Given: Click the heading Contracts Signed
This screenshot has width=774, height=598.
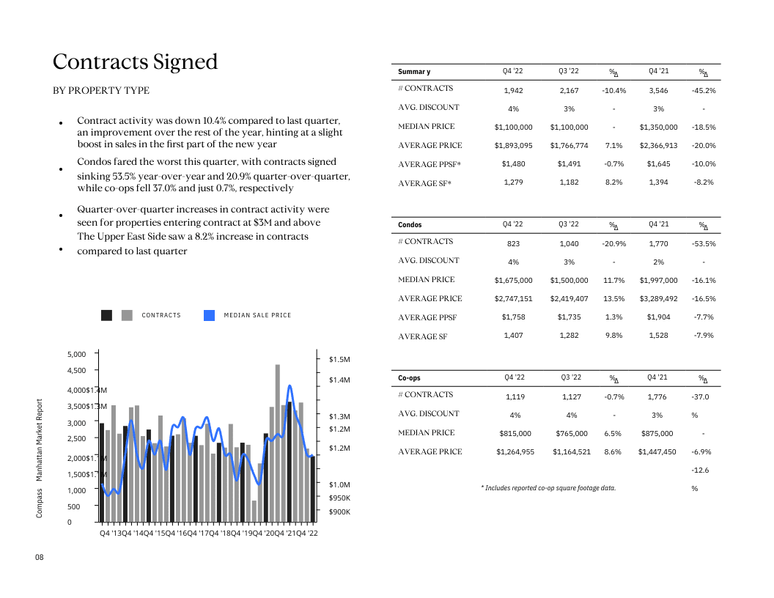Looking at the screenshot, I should pos(136,62).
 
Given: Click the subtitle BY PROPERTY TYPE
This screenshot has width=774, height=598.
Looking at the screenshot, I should pos(101,91).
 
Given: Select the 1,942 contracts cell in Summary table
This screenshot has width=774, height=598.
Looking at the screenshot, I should pos(513,90).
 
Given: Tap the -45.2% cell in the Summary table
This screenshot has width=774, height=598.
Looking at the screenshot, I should pos(703,90).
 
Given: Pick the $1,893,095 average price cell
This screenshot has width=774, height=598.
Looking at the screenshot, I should pos(513,145).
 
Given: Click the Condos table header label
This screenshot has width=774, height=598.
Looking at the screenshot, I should pos(410,225).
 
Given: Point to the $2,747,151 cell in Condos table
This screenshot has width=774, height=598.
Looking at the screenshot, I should pos(513,298).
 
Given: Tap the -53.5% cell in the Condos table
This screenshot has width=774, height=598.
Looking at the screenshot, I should pos(703,243).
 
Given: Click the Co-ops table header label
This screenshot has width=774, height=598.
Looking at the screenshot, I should pos(409,378).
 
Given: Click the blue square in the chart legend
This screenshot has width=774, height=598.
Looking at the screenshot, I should pos(209,315).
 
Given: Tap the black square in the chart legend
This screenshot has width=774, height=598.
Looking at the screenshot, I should pos(106,315).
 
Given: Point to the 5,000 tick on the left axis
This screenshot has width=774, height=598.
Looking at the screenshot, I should pos(76,354).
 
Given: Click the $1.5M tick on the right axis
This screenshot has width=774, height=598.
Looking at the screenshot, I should pos(339,359).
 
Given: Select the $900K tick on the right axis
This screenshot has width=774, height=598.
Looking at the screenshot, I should pos(339,512).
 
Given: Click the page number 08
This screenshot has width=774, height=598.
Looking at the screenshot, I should pos(40,558).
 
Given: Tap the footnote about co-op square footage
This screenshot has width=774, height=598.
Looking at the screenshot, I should pos(548,487).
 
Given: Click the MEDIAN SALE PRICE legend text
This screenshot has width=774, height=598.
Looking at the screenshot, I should pos(257,315).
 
